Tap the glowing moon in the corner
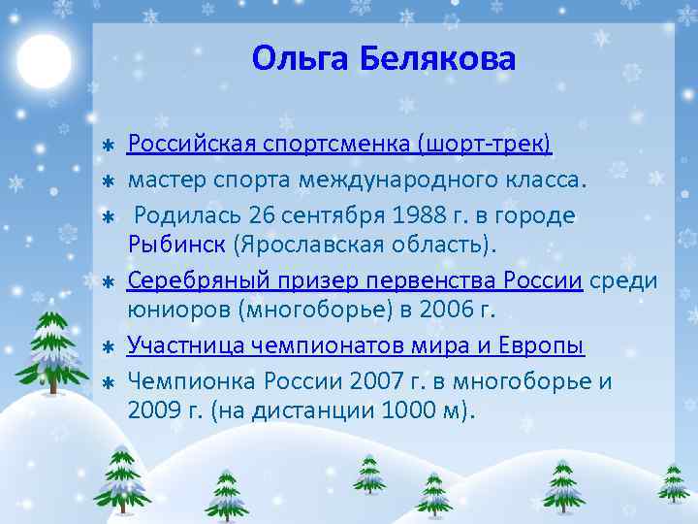[x=44, y=60]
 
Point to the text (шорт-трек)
[x=485, y=146]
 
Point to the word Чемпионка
[x=184, y=380]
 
